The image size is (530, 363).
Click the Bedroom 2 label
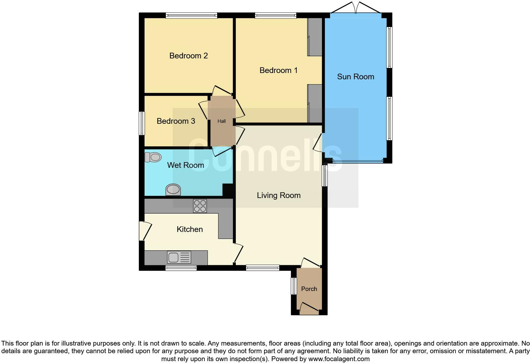click(x=188, y=56)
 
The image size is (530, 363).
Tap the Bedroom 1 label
click(x=278, y=70)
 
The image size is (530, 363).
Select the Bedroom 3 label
click(x=176, y=121)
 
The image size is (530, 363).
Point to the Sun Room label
click(x=355, y=77)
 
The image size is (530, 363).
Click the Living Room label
click(x=279, y=195)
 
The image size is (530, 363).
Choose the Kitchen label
click(x=190, y=229)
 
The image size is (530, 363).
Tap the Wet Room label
click(x=185, y=165)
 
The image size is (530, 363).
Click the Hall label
click(x=222, y=121)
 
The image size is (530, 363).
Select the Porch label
click(x=309, y=289)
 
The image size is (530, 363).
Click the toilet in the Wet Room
click(x=153, y=157)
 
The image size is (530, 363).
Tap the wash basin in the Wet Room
click(x=173, y=190)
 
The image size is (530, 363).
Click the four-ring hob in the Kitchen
click(x=200, y=206)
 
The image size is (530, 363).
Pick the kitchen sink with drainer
click(x=179, y=257)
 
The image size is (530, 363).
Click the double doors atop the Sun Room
click(x=356, y=8)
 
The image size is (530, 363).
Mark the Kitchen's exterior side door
click(x=144, y=231)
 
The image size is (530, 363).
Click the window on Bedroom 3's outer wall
click(x=142, y=123)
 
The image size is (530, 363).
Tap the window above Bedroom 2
click(x=191, y=15)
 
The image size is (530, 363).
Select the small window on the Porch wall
click(x=294, y=286)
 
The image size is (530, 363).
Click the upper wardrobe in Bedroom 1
click(x=315, y=37)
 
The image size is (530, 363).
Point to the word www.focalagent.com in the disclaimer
click(x=339, y=359)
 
